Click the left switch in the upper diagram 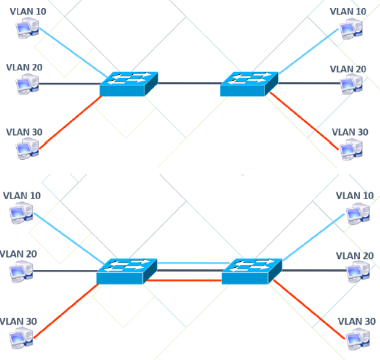[x=128, y=85]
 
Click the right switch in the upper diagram [x=249, y=85]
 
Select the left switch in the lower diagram [x=126, y=272]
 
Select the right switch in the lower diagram [x=251, y=272]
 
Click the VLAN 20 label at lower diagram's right [x=355, y=255]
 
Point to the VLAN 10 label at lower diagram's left [x=22, y=196]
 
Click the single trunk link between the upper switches [x=189, y=84]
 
